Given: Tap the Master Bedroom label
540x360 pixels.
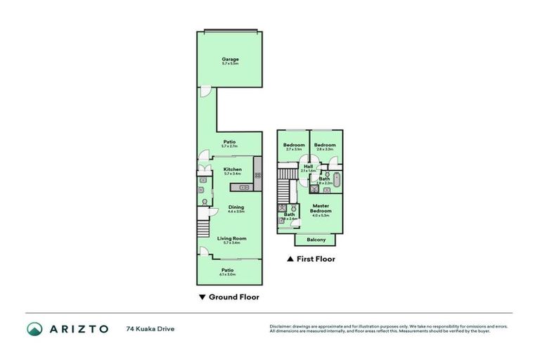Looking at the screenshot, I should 321,209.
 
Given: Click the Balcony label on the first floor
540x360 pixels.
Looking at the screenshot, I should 316,240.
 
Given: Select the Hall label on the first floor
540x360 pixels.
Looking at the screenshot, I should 308,167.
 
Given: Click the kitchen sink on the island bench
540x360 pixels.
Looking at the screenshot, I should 244,188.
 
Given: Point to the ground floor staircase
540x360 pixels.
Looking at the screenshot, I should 202,229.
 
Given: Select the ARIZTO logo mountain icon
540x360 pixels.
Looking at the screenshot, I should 34,328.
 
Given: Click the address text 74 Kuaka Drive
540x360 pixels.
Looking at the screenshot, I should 150,328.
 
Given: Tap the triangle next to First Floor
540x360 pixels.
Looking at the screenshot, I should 290,259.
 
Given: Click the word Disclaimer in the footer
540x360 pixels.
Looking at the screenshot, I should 281,326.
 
